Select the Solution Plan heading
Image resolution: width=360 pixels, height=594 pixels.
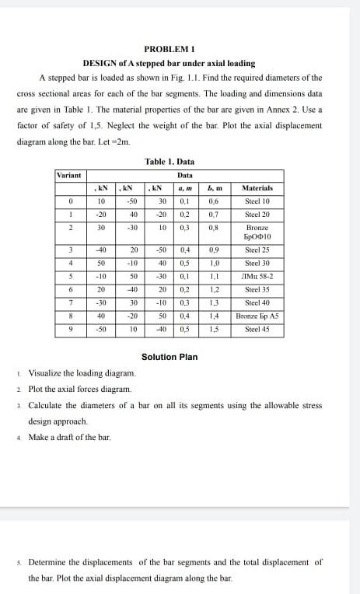pyautogui.click(x=170, y=357)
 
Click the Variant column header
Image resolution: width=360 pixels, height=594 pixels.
pyautogui.click(x=69, y=176)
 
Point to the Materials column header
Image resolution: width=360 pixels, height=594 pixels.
pyautogui.click(x=257, y=188)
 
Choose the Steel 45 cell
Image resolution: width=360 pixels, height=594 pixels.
pyautogui.click(x=257, y=329)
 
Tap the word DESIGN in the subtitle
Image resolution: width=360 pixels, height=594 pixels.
pyautogui.click(x=100, y=62)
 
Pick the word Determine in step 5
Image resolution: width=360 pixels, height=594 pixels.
pyautogui.click(x=51, y=561)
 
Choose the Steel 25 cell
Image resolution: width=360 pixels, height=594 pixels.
pyautogui.click(x=257, y=250)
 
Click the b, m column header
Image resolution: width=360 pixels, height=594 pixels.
pyautogui.click(x=212, y=188)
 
